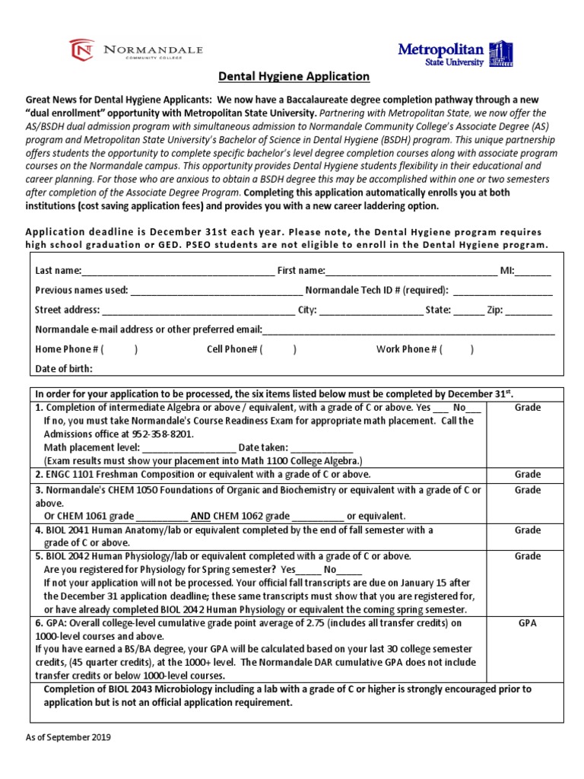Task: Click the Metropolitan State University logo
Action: [x=455, y=54]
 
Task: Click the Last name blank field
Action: [x=177, y=272]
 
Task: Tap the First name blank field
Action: [x=411, y=272]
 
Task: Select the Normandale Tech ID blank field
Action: [x=503, y=291]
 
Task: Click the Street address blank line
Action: [x=198, y=311]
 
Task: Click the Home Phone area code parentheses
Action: [x=119, y=350]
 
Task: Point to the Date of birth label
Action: [x=64, y=370]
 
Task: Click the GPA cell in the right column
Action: [x=527, y=623]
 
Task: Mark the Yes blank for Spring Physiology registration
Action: [x=308, y=570]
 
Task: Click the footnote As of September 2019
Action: [x=68, y=738]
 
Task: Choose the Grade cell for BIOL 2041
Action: [x=527, y=531]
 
